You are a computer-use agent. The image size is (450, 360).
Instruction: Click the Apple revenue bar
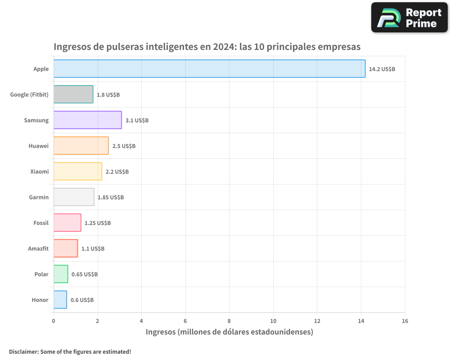(209, 69)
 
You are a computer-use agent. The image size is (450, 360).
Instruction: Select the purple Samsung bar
(87, 120)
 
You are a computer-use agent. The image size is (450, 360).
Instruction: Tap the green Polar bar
(61, 274)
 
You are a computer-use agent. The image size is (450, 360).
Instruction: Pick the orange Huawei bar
(81, 146)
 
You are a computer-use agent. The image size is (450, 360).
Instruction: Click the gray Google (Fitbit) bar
(73, 94)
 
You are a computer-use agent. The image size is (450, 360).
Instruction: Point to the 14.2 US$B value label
(382, 69)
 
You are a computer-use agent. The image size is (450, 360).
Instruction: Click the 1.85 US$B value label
(111, 198)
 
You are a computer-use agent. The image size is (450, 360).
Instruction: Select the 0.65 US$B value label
(85, 274)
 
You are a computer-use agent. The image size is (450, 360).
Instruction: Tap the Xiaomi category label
(39, 172)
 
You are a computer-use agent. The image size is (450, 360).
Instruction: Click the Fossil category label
(40, 223)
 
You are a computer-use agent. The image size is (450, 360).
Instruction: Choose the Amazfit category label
(38, 249)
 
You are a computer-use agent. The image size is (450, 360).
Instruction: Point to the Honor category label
(40, 300)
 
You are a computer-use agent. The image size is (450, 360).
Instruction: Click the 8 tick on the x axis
(229, 321)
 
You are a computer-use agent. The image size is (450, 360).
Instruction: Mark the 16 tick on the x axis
(405, 321)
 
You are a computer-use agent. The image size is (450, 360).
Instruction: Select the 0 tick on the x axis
(54, 321)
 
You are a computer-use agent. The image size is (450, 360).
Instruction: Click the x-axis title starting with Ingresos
(229, 332)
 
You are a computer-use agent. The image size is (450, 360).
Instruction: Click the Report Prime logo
(409, 18)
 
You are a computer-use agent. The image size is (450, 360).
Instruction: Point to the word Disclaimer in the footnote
(23, 351)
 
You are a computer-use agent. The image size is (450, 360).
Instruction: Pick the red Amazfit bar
(66, 248)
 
